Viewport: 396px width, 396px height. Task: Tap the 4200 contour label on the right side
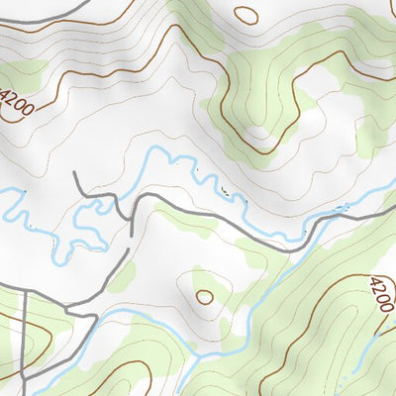coord(379,295)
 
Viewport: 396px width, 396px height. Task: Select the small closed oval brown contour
coord(204,296)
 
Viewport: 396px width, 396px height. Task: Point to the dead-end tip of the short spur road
coord(76,173)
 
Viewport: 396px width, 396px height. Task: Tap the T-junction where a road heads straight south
coord(24,288)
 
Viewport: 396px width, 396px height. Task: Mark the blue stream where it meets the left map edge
coord(2,190)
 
